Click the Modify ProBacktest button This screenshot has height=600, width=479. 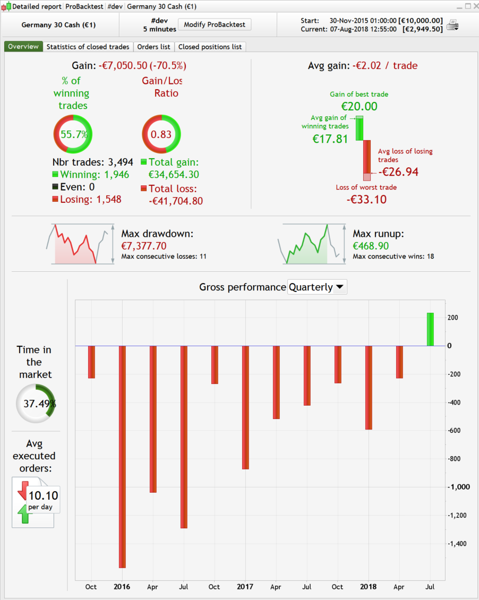[x=214, y=25]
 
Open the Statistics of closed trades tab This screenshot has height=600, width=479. [x=88, y=47]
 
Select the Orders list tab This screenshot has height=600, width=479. [x=153, y=47]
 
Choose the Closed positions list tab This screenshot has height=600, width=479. [x=210, y=47]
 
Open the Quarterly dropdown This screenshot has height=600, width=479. [x=317, y=287]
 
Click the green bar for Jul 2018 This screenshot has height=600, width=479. [x=430, y=329]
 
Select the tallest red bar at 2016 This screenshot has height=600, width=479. [x=122, y=457]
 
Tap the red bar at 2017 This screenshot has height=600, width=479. [x=245, y=407]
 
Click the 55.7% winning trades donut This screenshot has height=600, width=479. [x=73, y=134]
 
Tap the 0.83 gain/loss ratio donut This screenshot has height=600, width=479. [x=161, y=134]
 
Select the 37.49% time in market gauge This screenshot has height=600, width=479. [x=36, y=404]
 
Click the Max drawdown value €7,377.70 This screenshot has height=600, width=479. [x=144, y=246]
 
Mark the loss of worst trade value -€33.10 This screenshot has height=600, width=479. [x=366, y=200]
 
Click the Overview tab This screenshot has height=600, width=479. [x=23, y=47]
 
